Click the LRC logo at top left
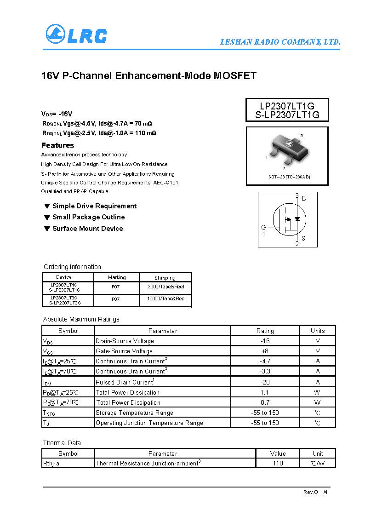pos(76,34)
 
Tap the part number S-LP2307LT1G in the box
pos(287,115)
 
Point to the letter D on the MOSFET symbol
pos(304,198)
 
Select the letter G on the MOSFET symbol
pos(263,227)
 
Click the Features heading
pos(57,145)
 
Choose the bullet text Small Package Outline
pos(88,217)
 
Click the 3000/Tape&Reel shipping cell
pos(166,287)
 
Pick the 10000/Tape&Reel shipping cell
pos(166,299)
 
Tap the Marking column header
pos(117,277)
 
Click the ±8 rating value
pos(265,351)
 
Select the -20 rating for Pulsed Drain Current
pos(265,382)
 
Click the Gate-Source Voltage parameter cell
pos(124,351)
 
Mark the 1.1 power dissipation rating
pos(265,392)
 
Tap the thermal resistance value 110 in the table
pos(278,463)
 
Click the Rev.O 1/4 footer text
pos(315,492)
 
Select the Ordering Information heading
pos(72,267)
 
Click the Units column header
pos(318,331)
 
